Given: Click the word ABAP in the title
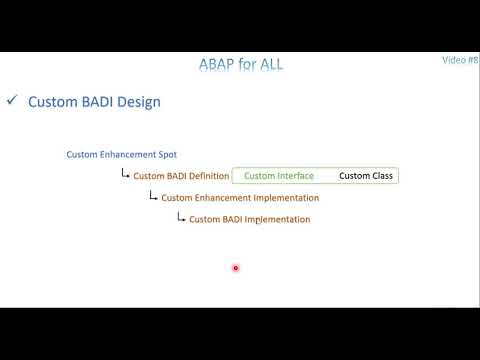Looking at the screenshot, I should click(x=218, y=66).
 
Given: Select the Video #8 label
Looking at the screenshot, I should click(x=460, y=60).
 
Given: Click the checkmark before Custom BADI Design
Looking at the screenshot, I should click(x=12, y=101).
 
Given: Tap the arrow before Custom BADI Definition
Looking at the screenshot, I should click(x=125, y=175).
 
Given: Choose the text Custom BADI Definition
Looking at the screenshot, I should click(x=181, y=177).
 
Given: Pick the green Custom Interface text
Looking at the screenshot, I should click(x=279, y=176).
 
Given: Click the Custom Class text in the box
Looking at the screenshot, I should click(x=366, y=176).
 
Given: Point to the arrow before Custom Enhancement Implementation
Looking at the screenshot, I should click(x=153, y=197).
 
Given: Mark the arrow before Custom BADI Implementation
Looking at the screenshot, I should click(x=181, y=218).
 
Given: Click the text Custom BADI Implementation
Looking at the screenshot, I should click(x=249, y=220).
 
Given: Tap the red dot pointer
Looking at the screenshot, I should click(x=235, y=268).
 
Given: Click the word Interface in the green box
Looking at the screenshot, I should click(x=296, y=176).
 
